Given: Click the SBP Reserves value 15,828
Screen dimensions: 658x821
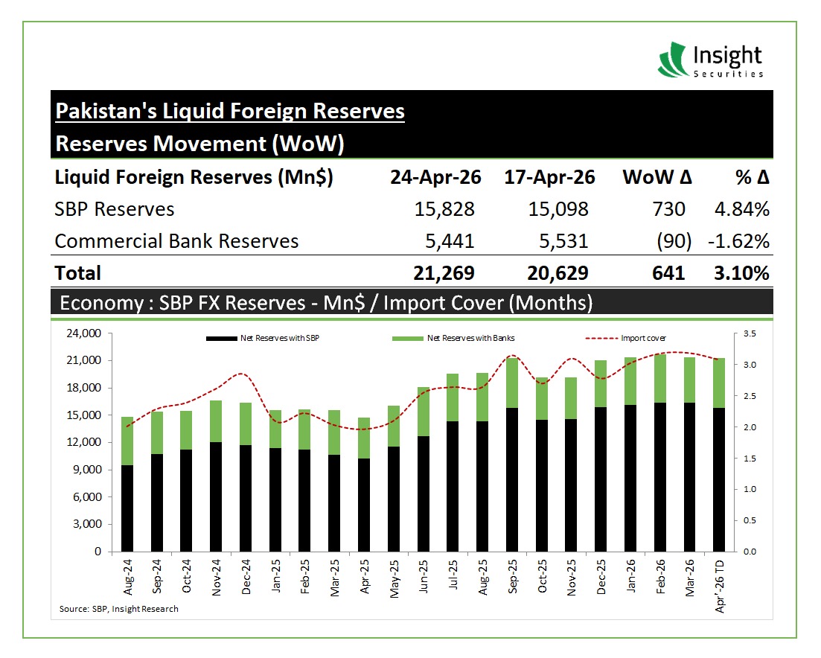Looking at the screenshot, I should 444,209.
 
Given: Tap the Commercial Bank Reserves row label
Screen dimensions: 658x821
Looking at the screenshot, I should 176,241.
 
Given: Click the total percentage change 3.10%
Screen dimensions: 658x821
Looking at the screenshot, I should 740,273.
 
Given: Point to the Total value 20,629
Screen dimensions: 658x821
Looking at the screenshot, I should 558,273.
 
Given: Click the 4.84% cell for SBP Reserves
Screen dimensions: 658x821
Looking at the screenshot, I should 741,209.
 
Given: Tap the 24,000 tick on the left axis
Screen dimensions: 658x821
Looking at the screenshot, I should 84,334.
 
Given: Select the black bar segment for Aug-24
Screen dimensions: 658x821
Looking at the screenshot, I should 127,508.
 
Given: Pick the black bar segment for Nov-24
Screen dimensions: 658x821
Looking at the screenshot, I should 217,497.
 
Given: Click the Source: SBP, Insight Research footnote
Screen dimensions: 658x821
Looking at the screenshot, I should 119,609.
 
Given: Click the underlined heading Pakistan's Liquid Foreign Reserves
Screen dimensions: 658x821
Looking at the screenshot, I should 230,111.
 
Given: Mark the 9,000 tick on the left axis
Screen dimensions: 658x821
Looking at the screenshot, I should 86,470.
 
